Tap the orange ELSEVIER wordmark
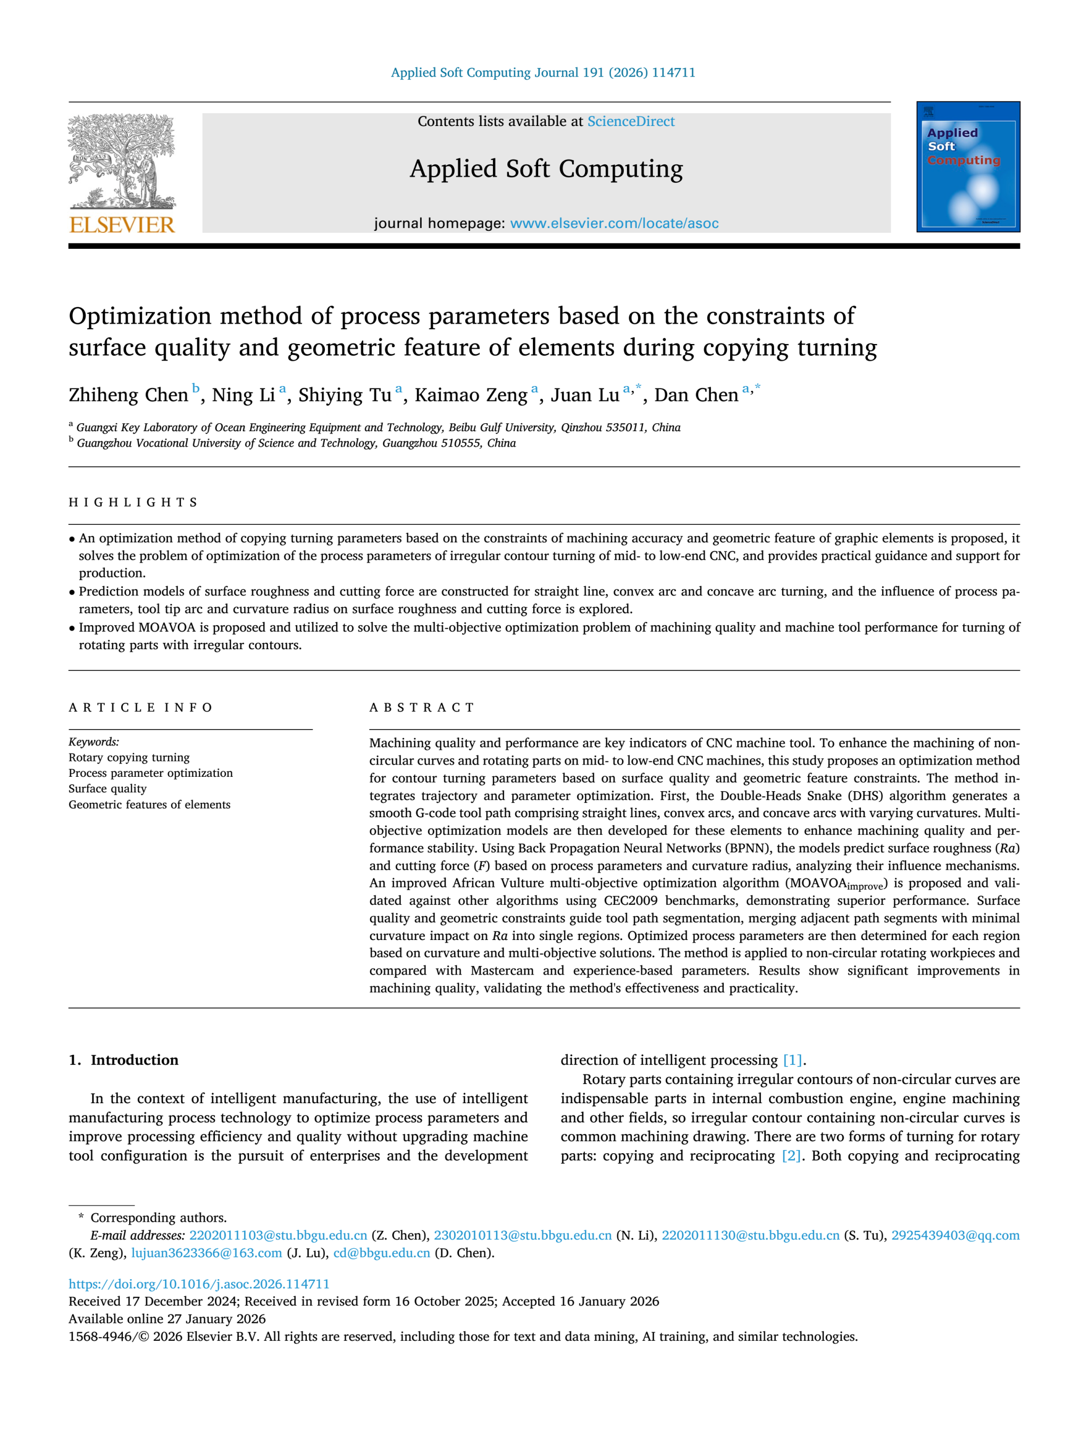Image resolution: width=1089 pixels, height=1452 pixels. (122, 225)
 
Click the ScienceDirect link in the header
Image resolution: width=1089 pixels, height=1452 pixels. (630, 121)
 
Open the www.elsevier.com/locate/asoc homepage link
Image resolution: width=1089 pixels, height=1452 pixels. (614, 223)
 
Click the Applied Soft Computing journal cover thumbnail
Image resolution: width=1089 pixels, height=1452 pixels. (968, 167)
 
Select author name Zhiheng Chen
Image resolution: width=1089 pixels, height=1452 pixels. (128, 395)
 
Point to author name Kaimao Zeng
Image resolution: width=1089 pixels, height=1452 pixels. (471, 395)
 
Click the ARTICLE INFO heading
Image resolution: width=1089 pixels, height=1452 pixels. (140, 708)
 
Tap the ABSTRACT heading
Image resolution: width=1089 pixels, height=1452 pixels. (422, 708)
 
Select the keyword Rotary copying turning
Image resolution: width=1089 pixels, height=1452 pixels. (129, 758)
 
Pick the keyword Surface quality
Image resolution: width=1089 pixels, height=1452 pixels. (107, 789)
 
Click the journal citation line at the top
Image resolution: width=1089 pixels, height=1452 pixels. (543, 73)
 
